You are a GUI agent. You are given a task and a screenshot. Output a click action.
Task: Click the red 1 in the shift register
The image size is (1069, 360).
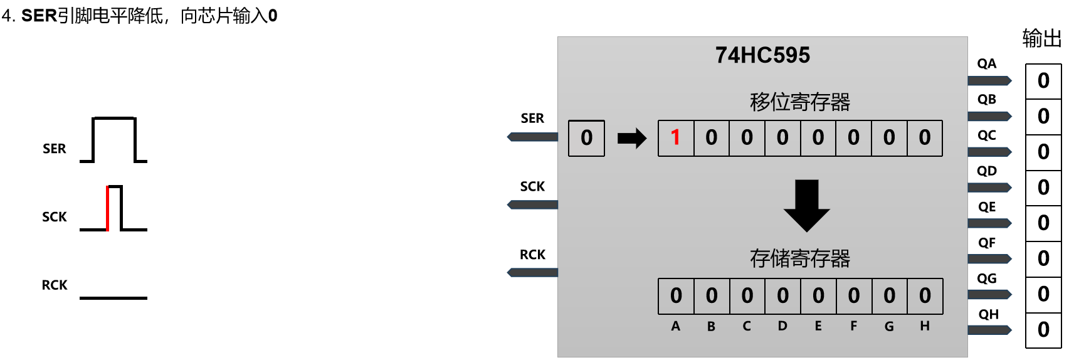pyautogui.click(x=675, y=137)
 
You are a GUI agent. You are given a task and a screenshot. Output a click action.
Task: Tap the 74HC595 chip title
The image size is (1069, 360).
pyautogui.click(x=762, y=55)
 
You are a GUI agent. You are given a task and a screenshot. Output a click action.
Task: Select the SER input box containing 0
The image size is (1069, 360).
pyautogui.click(x=586, y=138)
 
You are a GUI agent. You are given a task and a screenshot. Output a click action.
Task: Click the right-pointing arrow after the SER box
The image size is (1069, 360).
pyautogui.click(x=631, y=138)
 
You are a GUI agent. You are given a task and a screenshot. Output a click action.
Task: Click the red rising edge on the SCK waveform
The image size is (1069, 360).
pyautogui.click(x=108, y=208)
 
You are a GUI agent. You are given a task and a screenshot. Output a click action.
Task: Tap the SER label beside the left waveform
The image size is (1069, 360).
pyautogui.click(x=55, y=149)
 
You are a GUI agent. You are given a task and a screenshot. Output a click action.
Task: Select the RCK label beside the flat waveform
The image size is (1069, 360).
pyautogui.click(x=55, y=285)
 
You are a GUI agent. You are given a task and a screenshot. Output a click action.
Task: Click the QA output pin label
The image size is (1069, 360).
pyautogui.click(x=986, y=64)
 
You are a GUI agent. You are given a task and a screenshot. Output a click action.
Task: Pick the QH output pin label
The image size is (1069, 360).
pyautogui.click(x=988, y=314)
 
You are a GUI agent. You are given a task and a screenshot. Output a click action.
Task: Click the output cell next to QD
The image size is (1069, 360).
pyautogui.click(x=1043, y=188)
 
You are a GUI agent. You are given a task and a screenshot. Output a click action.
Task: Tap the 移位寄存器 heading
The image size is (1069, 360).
pyautogui.click(x=800, y=102)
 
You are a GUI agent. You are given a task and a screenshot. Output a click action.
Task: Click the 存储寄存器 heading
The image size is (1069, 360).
pyautogui.click(x=800, y=258)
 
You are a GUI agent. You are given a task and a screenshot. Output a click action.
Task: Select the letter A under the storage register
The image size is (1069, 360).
pyautogui.click(x=675, y=326)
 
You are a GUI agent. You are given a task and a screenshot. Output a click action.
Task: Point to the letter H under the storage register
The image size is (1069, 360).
pyautogui.click(x=925, y=326)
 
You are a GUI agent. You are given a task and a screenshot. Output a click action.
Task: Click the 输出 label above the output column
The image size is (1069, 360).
pyautogui.click(x=1041, y=39)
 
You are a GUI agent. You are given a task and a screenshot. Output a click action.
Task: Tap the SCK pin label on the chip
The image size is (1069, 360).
pyautogui.click(x=532, y=186)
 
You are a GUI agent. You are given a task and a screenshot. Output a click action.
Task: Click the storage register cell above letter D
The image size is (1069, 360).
pyautogui.click(x=782, y=296)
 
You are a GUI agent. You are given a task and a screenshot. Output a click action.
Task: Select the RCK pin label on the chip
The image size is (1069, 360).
pyautogui.click(x=532, y=255)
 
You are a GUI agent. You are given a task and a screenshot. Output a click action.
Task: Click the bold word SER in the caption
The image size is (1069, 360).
pyautogui.click(x=39, y=16)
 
